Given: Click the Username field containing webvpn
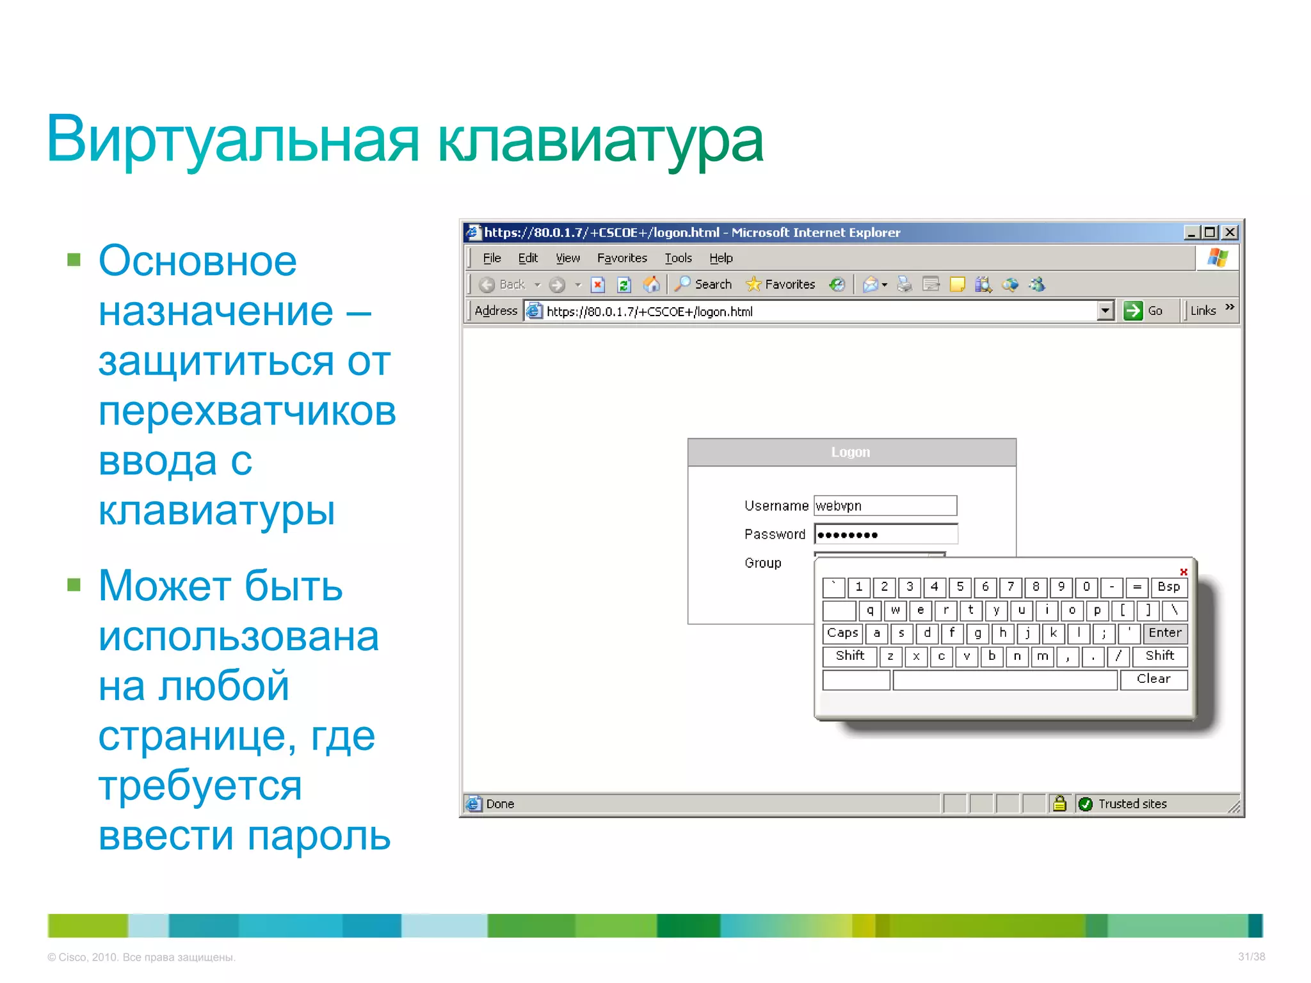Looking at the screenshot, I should pyautogui.click(x=885, y=506).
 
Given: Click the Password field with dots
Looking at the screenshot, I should pyautogui.click(x=885, y=534).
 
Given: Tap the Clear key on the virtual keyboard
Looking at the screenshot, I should pyautogui.click(x=1154, y=679).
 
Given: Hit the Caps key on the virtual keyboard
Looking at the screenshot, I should pyautogui.click(x=842, y=633).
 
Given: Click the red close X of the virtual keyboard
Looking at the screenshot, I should pyautogui.click(x=1184, y=571).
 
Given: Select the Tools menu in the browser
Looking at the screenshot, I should pyautogui.click(x=678, y=258).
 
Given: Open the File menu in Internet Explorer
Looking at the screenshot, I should pyautogui.click(x=492, y=258).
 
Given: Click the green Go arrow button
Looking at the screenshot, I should pyautogui.click(x=1133, y=311).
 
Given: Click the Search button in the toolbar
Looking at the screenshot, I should pyautogui.click(x=704, y=284).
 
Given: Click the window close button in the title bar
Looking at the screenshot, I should pyautogui.click(x=1230, y=232).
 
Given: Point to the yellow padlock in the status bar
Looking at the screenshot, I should pyautogui.click(x=1060, y=803).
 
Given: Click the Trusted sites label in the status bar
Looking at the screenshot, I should pyautogui.click(x=1132, y=804).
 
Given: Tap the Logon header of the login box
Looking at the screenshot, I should pyautogui.click(x=851, y=452).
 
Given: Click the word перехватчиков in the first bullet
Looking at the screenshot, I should pyautogui.click(x=247, y=411).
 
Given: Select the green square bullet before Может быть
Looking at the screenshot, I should pyautogui.click(x=74, y=585).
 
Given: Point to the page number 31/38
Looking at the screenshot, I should pyautogui.click(x=1251, y=957).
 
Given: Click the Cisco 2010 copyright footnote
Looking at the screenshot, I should pyautogui.click(x=141, y=957).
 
